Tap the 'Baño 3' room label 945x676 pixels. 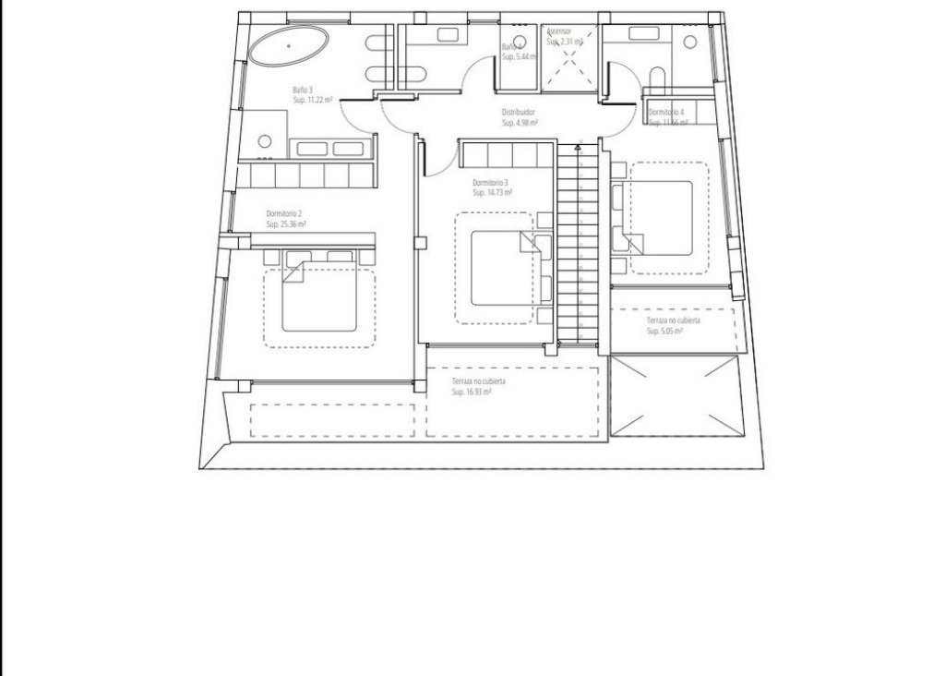(x=302, y=90)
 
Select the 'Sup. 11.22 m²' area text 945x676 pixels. (x=314, y=100)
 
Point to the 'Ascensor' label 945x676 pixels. (x=559, y=31)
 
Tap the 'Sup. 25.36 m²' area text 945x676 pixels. (x=286, y=223)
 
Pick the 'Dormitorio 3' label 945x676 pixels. (x=490, y=183)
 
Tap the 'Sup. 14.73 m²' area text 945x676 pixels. (x=492, y=193)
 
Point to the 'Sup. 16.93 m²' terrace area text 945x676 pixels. (x=472, y=392)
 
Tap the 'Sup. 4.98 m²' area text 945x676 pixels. (x=520, y=122)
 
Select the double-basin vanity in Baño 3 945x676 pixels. (x=333, y=148)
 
